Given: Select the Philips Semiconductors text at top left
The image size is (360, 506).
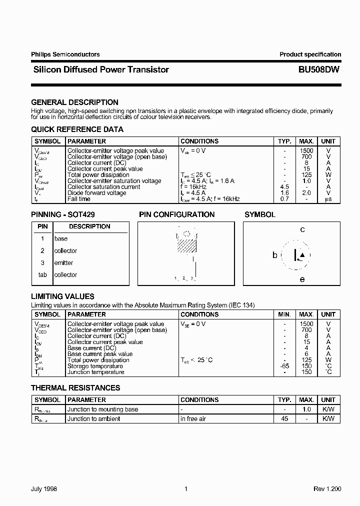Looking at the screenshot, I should (65, 54).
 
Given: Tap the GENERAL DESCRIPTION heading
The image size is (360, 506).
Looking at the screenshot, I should (74, 102).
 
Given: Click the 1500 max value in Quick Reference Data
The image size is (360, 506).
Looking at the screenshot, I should (306, 151).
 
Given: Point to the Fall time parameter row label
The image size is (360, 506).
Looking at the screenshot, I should (79, 199).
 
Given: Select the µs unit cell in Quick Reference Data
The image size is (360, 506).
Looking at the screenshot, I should (328, 199).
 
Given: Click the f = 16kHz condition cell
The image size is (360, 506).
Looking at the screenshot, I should (193, 187).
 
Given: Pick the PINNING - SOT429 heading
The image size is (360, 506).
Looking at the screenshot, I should (63, 214).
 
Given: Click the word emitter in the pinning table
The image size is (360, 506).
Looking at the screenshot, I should (63, 263).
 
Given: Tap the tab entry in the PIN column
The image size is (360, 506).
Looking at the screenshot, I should (42, 275).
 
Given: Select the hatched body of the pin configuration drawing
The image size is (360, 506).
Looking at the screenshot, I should (186, 245).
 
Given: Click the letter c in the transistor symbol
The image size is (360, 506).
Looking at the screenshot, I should (302, 230).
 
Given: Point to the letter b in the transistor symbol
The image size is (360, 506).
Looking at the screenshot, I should (274, 255).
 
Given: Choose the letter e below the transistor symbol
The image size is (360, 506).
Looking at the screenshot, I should (302, 279).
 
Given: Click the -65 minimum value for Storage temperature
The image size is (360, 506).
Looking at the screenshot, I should (284, 366).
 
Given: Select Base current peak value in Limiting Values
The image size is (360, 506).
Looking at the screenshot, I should (100, 354).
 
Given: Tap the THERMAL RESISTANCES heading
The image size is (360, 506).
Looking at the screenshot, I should (75, 387).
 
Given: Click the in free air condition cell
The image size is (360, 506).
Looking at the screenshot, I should (193, 419).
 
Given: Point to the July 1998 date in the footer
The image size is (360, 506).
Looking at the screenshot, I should (44, 489).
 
